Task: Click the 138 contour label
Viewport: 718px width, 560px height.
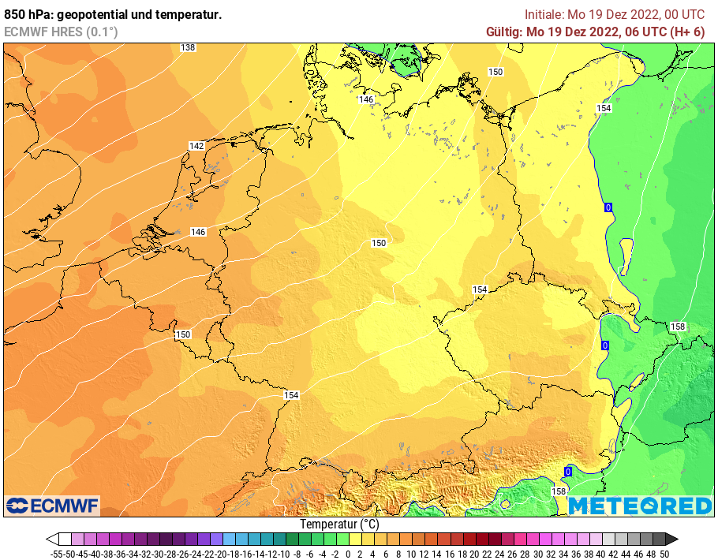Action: [x=188, y=48]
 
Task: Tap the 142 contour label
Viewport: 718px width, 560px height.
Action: [x=196, y=146]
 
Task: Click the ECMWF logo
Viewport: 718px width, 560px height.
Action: [x=52, y=505]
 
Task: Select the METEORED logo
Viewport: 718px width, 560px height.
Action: [x=640, y=506]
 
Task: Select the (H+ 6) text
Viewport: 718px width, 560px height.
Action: [x=686, y=32]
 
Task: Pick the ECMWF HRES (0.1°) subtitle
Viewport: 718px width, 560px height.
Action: [x=62, y=32]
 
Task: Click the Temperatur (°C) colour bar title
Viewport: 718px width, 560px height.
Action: [x=339, y=524]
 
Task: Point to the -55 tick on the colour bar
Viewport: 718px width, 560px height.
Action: [x=55, y=554]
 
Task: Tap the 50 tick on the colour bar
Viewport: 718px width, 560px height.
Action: [x=663, y=554]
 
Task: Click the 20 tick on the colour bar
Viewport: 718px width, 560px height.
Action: [x=474, y=554]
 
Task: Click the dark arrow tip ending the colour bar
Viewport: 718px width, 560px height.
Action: [x=672, y=539]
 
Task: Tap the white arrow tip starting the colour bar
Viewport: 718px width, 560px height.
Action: [x=51, y=539]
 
